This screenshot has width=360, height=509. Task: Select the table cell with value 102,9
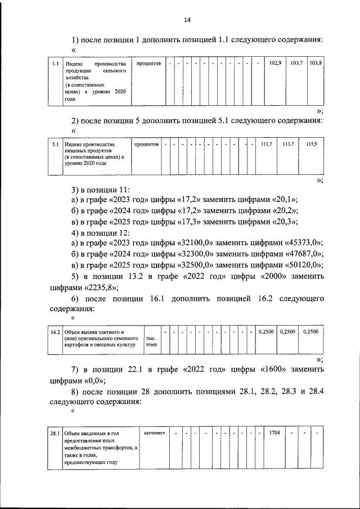(275, 63)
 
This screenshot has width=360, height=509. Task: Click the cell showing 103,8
(315, 63)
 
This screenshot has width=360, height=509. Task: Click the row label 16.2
(55, 332)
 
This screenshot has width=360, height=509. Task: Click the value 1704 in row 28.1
(275, 433)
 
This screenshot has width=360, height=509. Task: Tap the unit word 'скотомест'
(155, 433)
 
